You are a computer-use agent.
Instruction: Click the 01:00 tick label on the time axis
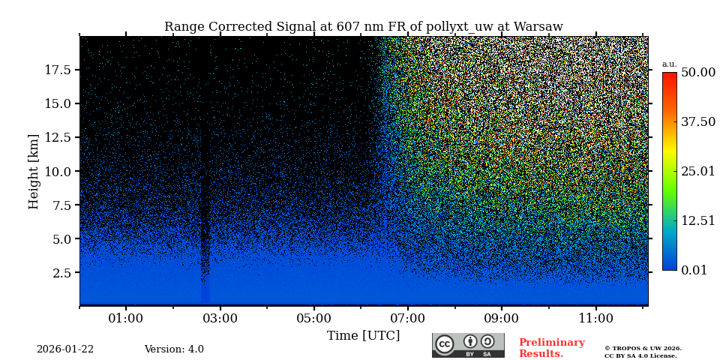(125, 318)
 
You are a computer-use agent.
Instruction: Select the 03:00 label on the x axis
(220, 318)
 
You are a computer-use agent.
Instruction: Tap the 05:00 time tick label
(313, 318)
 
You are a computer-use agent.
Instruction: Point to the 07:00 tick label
(408, 318)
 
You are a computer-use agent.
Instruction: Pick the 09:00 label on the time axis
(502, 318)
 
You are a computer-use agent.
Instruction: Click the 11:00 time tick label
(596, 318)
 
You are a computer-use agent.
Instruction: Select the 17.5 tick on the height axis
(58, 70)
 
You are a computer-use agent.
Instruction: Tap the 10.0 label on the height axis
(58, 171)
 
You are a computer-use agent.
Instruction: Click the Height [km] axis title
(34, 171)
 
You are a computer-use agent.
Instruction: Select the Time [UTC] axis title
(363, 335)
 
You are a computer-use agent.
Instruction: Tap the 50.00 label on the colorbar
(697, 72)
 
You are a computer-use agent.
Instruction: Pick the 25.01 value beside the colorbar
(697, 171)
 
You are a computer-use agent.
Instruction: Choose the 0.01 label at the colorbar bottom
(694, 270)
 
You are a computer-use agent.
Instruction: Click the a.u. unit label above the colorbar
(669, 64)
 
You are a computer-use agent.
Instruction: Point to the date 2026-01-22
(65, 349)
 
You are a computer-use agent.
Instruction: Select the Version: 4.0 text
(174, 349)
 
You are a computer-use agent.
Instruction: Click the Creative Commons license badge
(468, 345)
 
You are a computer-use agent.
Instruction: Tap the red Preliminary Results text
(551, 348)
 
